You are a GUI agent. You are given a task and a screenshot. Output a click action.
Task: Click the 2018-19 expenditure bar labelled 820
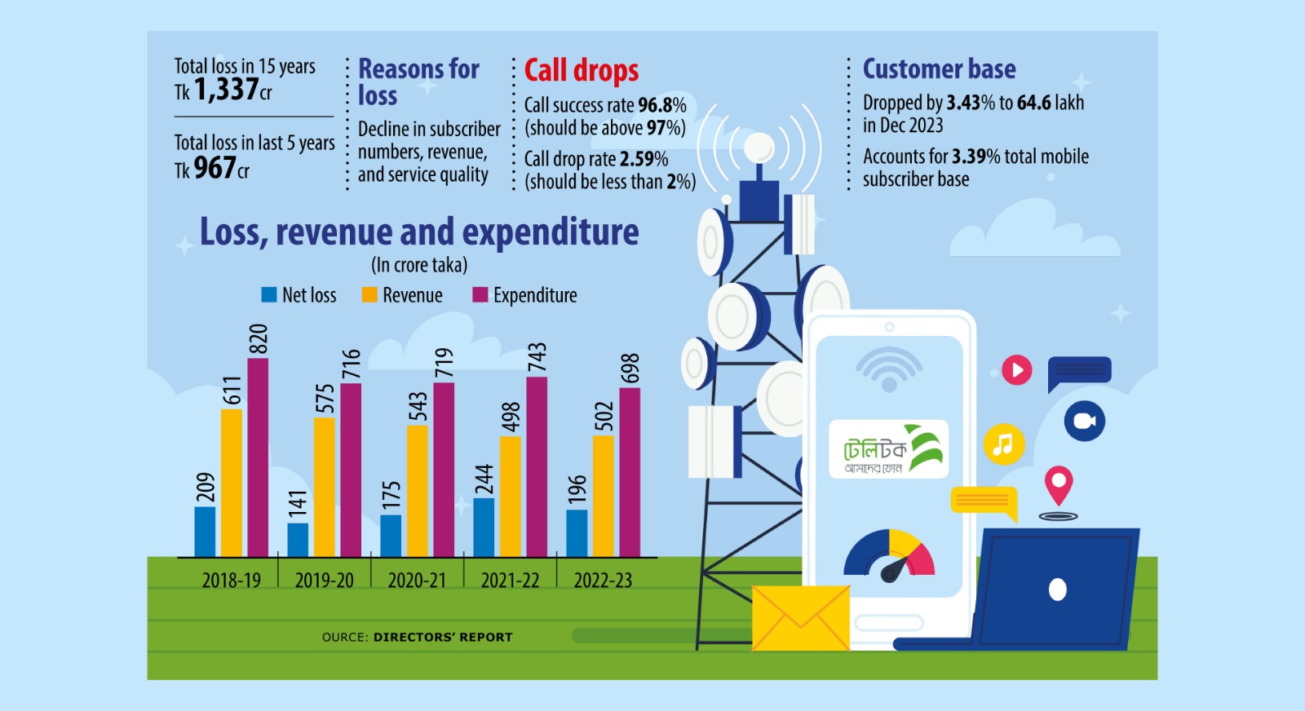click(x=258, y=457)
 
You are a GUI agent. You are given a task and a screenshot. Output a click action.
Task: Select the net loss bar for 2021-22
click(x=484, y=527)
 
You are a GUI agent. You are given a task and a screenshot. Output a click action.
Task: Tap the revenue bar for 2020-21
click(x=417, y=490)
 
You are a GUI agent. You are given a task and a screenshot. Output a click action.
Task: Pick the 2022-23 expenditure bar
click(x=630, y=472)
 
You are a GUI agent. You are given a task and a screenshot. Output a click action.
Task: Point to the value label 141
click(x=298, y=503)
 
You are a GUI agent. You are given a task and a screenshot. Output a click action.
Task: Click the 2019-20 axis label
click(x=324, y=581)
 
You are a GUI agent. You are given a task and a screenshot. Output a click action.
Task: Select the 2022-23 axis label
click(x=603, y=581)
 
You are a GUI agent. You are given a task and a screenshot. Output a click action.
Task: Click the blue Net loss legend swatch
click(x=269, y=295)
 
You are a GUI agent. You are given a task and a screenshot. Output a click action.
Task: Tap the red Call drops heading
click(x=581, y=71)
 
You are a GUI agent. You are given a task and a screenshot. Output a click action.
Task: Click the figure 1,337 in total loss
click(x=226, y=89)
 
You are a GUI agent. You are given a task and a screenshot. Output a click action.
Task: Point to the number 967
click(x=215, y=168)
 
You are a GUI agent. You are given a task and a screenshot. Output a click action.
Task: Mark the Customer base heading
click(x=939, y=69)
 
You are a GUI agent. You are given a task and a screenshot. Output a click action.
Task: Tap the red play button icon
click(x=1016, y=370)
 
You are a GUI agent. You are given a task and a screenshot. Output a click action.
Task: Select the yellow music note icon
click(x=1003, y=444)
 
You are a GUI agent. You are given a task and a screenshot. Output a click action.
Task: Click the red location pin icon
click(x=1059, y=485)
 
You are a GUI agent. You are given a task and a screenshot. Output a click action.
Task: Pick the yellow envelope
click(x=800, y=618)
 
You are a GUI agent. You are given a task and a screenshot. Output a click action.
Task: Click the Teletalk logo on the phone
click(x=888, y=448)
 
